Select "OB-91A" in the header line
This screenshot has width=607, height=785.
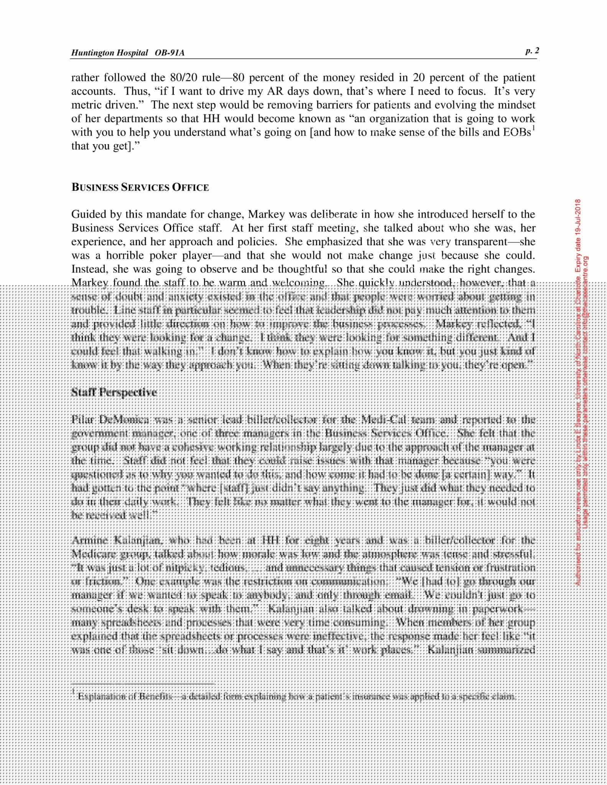point(169,53)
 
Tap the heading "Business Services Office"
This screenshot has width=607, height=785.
point(140,187)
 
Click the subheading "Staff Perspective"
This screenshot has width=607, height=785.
point(114,392)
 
